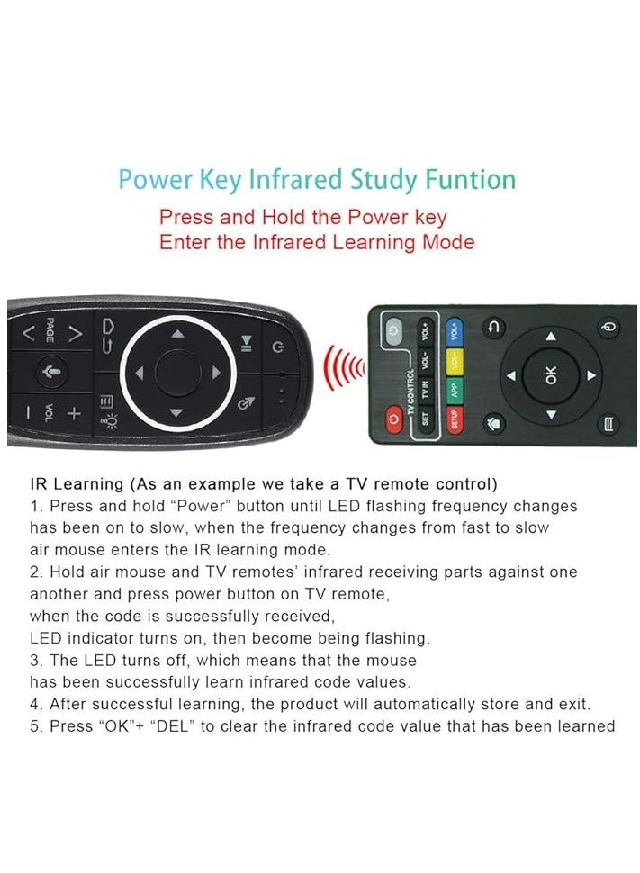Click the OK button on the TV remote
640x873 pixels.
(x=551, y=374)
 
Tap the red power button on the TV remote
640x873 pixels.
(x=393, y=419)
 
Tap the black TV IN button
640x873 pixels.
(x=427, y=391)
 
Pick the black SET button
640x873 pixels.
(x=427, y=419)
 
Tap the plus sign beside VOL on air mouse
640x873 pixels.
(x=75, y=413)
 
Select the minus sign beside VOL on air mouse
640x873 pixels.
(x=28, y=413)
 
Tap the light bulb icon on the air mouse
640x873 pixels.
(x=112, y=419)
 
